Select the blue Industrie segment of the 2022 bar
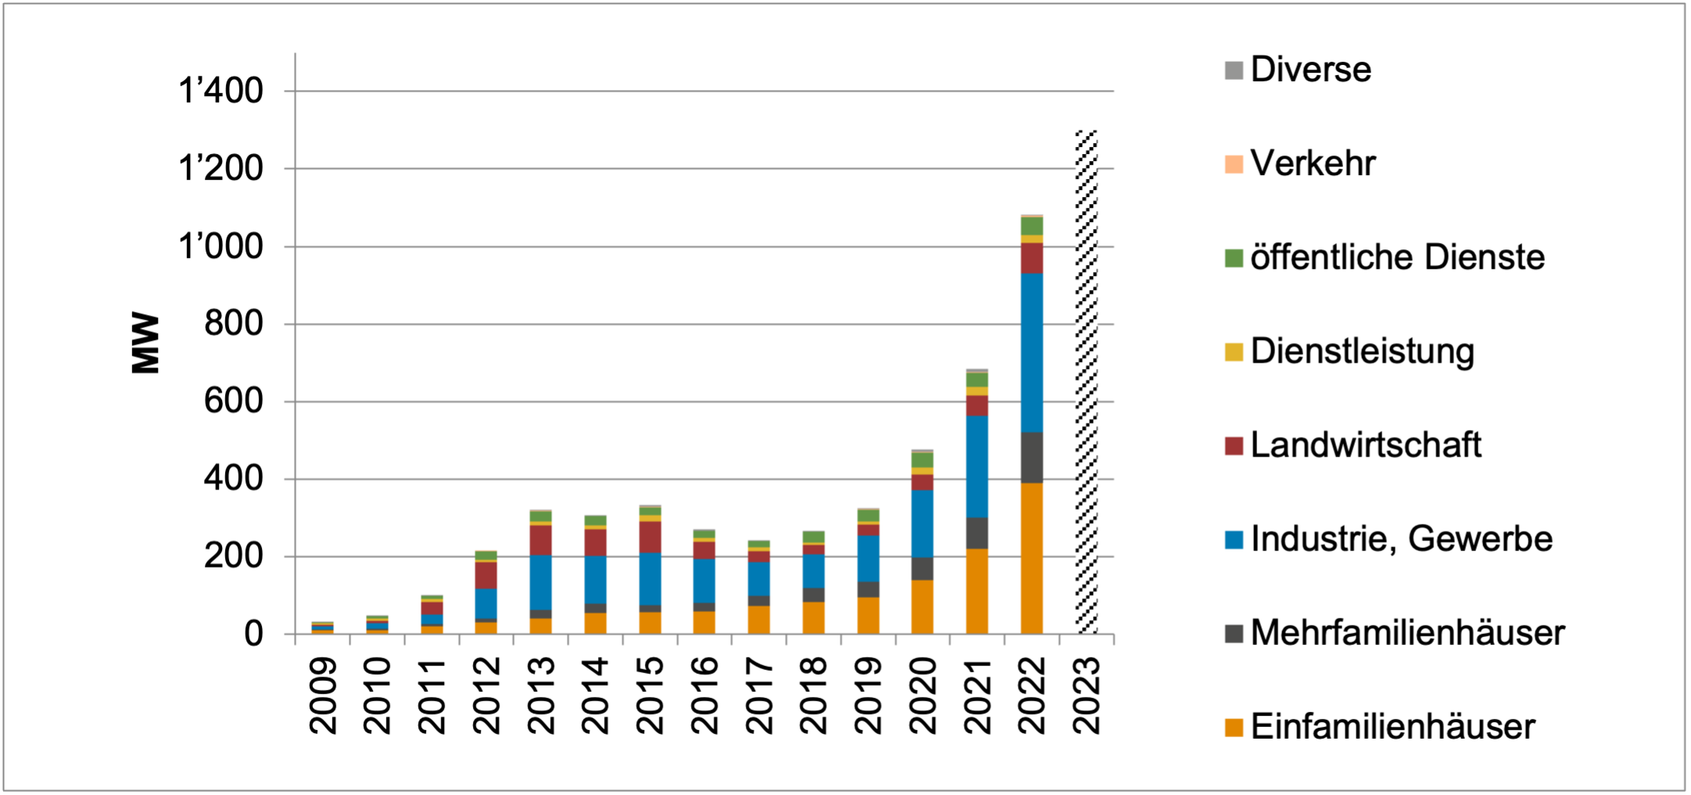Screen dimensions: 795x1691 tap(1032, 353)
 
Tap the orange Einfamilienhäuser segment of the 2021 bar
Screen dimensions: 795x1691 tap(977, 591)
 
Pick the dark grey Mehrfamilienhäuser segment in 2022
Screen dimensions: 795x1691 tap(1032, 457)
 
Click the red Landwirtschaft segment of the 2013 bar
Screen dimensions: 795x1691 tap(540, 540)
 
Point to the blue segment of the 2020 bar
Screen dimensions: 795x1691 tap(923, 523)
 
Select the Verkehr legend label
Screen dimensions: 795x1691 tap(1313, 163)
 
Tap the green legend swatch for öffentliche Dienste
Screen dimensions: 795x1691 tap(1234, 258)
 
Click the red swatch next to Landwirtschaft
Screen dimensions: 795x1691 tap(1234, 446)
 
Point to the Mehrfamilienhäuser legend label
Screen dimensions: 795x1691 tap(1407, 632)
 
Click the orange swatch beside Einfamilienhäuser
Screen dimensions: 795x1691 tap(1234, 728)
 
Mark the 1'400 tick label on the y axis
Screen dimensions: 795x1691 tap(220, 91)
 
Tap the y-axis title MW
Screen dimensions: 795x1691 tap(146, 343)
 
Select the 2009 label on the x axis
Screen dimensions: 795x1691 tap(323, 695)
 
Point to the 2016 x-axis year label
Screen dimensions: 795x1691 tap(704, 695)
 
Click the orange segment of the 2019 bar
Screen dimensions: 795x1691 tap(868, 615)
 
